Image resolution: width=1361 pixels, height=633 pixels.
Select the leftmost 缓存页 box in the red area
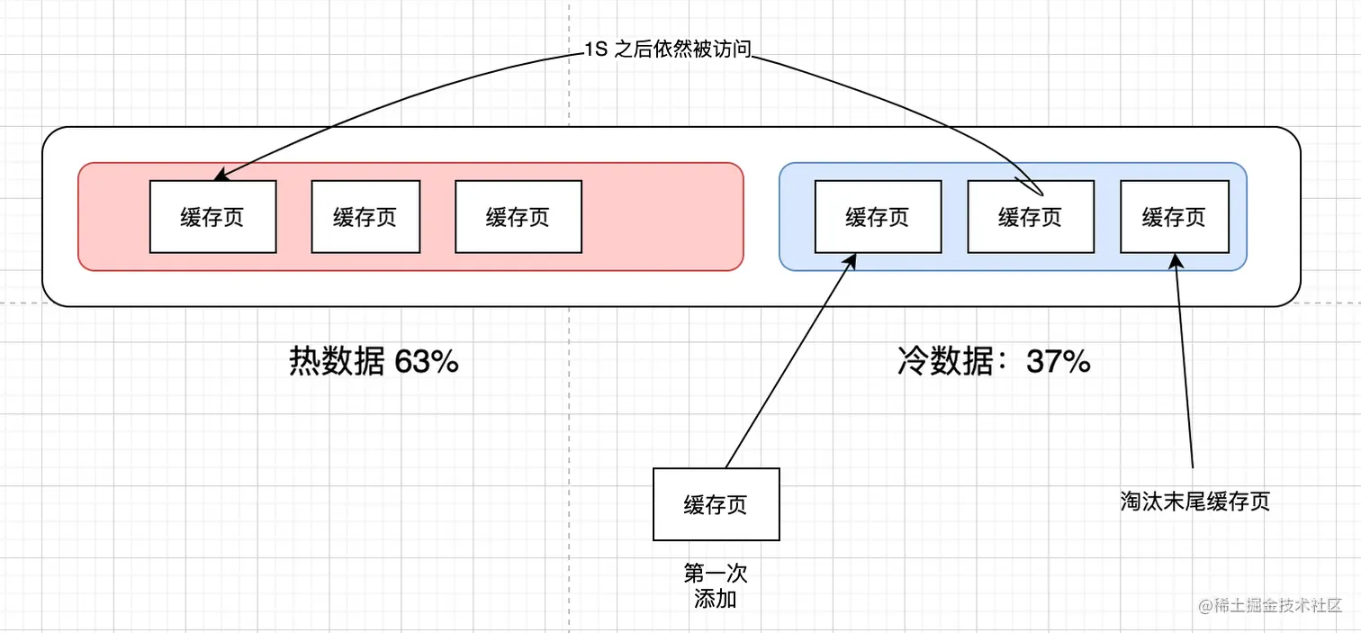point(212,217)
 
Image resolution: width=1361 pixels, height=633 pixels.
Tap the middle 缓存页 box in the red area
point(365,217)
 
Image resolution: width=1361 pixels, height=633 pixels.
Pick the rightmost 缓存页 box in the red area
point(518,217)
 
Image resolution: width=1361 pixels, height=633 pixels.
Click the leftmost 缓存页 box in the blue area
point(878,217)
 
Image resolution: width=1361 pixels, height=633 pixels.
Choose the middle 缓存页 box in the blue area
point(1031,217)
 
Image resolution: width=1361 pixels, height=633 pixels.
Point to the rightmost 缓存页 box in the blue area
point(1175,217)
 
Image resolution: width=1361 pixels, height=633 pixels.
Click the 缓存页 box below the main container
point(717,504)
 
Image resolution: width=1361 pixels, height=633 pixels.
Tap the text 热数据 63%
point(374,362)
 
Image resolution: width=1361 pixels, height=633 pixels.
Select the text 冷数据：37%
point(995,362)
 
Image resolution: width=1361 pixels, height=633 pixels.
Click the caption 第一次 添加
point(717,585)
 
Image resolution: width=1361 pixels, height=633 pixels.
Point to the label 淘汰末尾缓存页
point(1195,502)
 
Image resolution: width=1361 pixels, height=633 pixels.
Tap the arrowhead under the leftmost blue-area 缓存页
point(848,260)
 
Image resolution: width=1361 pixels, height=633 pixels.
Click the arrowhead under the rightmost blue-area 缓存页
point(1176,260)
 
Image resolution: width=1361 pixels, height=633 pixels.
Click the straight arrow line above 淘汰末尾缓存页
point(1185,369)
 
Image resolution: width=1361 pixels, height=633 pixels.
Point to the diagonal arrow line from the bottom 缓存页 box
point(788,365)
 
